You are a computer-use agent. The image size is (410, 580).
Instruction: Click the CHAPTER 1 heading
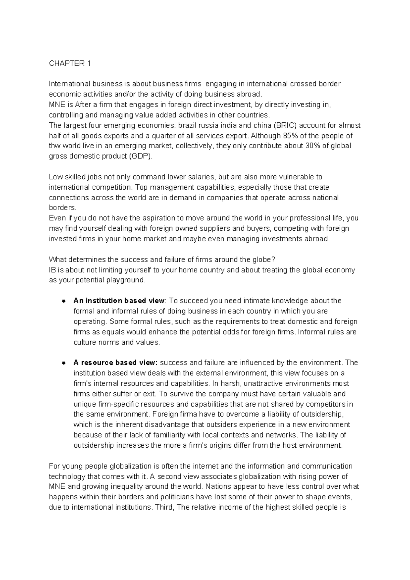[70, 64]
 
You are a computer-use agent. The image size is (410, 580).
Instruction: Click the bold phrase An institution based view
[119, 301]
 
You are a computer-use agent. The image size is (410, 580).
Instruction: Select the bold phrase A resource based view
[115, 363]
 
